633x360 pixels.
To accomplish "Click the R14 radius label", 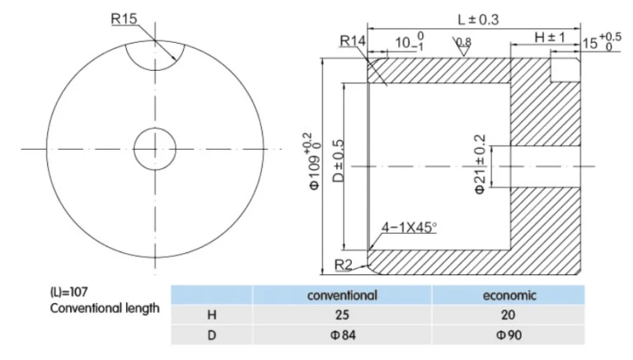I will point(352,41).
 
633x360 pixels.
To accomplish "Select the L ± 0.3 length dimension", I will point(474,18).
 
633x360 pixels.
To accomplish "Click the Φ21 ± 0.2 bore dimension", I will point(481,165).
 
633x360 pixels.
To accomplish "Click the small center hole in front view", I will point(154,149).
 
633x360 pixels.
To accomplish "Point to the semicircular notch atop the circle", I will point(154,54).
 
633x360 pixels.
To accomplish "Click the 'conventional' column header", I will point(341,295).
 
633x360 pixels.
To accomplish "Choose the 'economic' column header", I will point(509,295).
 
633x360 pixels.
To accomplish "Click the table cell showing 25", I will point(341,315).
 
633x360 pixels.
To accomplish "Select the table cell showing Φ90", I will point(509,335).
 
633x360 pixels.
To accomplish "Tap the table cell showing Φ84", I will point(341,335).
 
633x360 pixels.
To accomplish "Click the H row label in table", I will point(210,315).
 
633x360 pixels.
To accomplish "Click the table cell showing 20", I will point(509,315).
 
